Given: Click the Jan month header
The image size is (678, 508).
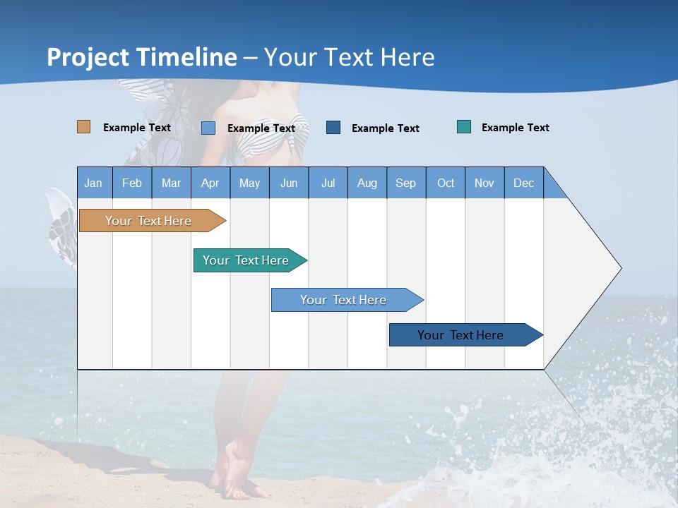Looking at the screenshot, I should pyautogui.click(x=94, y=183).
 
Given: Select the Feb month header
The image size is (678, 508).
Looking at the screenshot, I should pyautogui.click(x=132, y=183).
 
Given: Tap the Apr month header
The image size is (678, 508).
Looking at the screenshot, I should pyautogui.click(x=210, y=183).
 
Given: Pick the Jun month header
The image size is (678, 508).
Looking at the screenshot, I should pyautogui.click(x=289, y=183).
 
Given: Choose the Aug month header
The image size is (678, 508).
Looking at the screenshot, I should pyautogui.click(x=367, y=183).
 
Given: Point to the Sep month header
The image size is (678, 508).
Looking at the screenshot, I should pyautogui.click(x=406, y=183).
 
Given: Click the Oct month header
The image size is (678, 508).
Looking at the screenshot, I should pyautogui.click(x=446, y=183).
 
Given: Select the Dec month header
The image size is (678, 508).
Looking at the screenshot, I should pyautogui.click(x=524, y=183).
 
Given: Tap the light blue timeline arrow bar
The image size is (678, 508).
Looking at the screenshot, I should pyautogui.click(x=344, y=300).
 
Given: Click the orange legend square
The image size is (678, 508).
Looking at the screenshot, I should pyautogui.click(x=84, y=127).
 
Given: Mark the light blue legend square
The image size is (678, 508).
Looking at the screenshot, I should pyautogui.click(x=208, y=128).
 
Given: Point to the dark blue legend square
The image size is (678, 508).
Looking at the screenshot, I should pyautogui.click(x=333, y=127).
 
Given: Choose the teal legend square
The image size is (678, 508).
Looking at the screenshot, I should pyautogui.click(x=464, y=127).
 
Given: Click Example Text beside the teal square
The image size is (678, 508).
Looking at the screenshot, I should pyautogui.click(x=515, y=128).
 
